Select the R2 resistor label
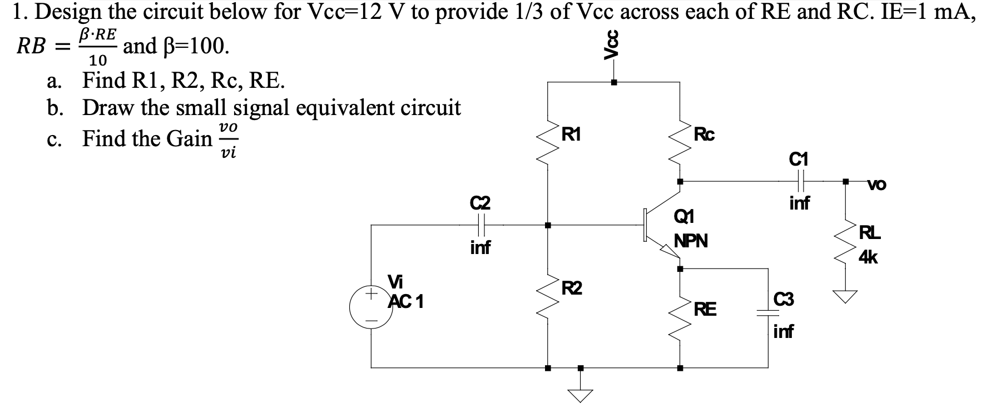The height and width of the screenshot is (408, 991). pyautogui.click(x=571, y=288)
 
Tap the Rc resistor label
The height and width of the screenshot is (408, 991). pyautogui.click(x=704, y=134)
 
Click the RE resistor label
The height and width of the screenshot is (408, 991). pyautogui.click(x=705, y=309)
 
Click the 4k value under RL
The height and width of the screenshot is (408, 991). pyautogui.click(x=868, y=257)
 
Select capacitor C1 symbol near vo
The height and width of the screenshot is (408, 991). pyautogui.click(x=800, y=181)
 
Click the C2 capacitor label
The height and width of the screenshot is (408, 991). pyautogui.click(x=480, y=202)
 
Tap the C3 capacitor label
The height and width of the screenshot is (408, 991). pyautogui.click(x=783, y=300)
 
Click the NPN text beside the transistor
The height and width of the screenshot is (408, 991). pyautogui.click(x=691, y=241)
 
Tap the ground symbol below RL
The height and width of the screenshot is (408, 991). pyautogui.click(x=846, y=297)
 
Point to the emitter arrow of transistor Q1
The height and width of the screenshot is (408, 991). pyautogui.click(x=669, y=253)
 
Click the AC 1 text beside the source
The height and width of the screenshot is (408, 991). pyautogui.click(x=407, y=301)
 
